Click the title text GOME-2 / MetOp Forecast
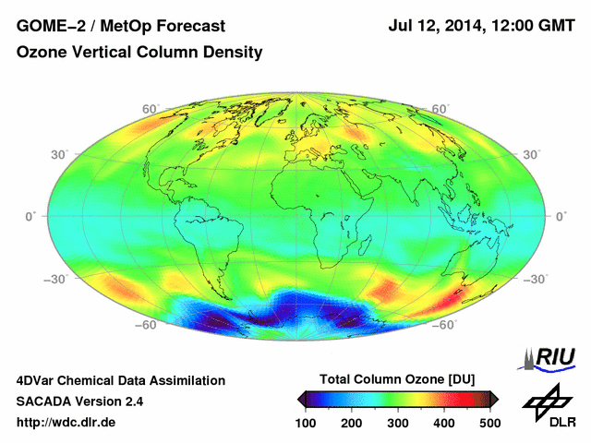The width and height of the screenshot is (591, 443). pos(108,28)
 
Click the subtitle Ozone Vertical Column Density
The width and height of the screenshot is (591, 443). pos(139,54)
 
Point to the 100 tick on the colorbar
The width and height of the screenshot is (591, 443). pos(307,422)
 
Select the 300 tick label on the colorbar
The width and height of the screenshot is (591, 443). pos(398,422)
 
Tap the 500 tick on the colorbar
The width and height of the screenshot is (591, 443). pos(488,422)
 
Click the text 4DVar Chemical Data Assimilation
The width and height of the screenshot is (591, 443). pos(120,380)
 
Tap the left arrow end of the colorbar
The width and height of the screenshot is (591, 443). pos(301,399)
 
